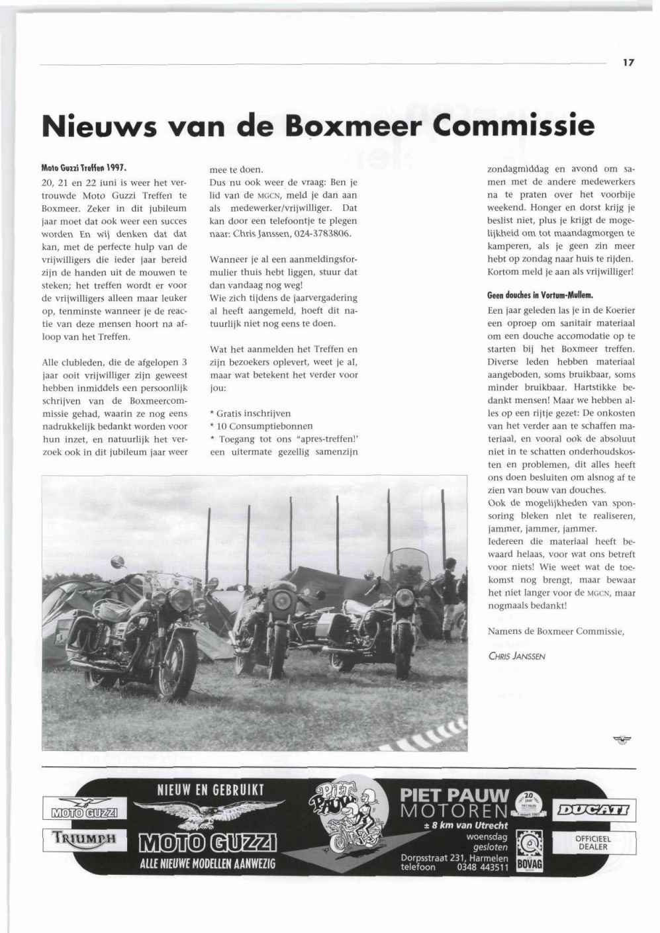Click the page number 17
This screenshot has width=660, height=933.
click(x=628, y=63)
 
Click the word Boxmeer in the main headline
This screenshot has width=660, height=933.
click(x=348, y=125)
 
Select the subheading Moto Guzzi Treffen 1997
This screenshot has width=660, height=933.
click(x=83, y=168)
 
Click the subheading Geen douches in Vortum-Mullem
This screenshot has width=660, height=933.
click(x=540, y=295)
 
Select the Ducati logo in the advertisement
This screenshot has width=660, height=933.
click(x=596, y=809)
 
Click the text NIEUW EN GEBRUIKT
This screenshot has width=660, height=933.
click(x=210, y=789)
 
